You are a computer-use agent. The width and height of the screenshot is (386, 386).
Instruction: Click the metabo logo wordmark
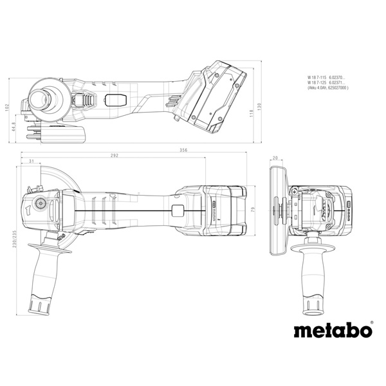coord(333,331)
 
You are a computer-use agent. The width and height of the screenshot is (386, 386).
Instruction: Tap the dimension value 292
coord(114,156)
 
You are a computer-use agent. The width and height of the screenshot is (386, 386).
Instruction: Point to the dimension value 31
coord(31,161)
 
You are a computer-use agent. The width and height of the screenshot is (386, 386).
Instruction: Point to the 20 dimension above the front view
coord(275,158)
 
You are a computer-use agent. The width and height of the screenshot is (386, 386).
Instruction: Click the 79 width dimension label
coord(252,210)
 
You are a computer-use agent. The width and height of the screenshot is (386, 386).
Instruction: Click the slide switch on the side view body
coord(116,100)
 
